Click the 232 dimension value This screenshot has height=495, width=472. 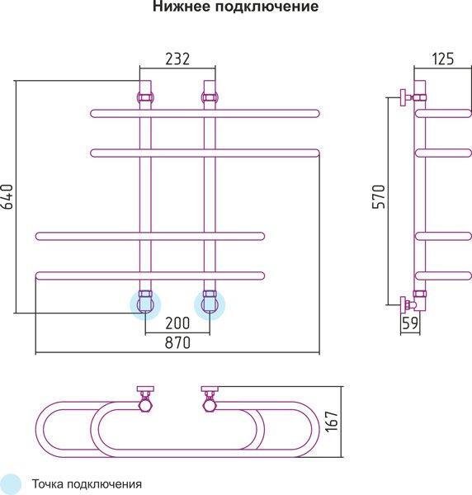(x=177, y=59)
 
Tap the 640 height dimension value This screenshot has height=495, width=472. (x=7, y=196)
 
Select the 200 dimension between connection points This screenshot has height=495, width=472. (x=177, y=323)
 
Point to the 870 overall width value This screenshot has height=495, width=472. (x=177, y=342)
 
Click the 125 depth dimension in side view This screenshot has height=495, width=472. (x=442, y=59)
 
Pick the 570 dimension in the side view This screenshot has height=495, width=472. (x=379, y=196)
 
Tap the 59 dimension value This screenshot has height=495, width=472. (x=410, y=323)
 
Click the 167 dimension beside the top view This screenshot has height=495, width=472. (x=333, y=421)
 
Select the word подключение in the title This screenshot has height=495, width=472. (x=267, y=7)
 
